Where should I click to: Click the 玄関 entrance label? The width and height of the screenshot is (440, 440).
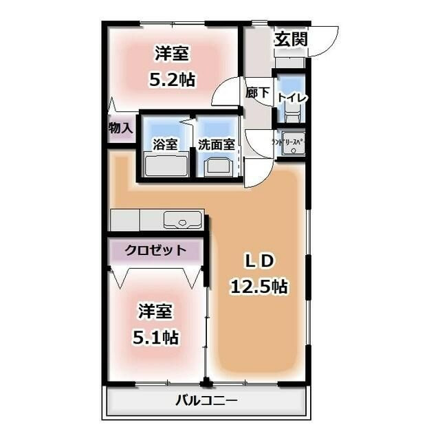(291, 39)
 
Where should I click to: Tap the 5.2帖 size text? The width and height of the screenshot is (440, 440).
(173, 80)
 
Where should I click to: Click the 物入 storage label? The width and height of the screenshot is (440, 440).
(120, 128)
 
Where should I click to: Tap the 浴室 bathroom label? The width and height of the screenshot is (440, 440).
(165, 144)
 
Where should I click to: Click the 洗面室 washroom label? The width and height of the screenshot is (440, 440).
(217, 144)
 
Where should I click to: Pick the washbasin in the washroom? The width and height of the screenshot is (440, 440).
(219, 166)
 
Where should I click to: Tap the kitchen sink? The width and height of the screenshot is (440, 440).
(182, 221)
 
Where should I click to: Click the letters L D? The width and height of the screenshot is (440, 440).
(261, 261)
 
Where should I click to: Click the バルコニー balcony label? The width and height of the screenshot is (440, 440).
(206, 401)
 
